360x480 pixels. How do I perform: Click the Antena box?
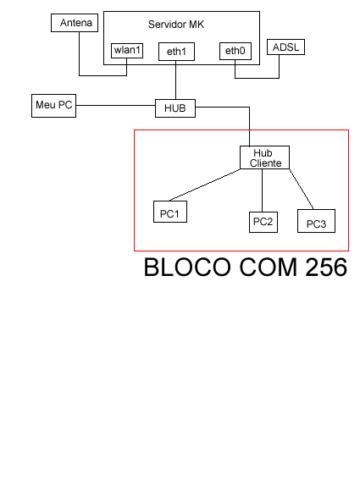pos(75,23)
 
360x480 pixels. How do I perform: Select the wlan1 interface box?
pos(127,51)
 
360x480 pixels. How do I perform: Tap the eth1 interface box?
pos(176,52)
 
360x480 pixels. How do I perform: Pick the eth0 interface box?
pos(235,51)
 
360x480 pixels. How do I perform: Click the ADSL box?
pos(285,47)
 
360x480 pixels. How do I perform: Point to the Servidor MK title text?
pos(176,25)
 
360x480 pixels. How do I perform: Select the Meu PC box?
pos(53,106)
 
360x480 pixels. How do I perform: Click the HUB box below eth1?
pos(175,108)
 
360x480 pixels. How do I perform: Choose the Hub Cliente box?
pos(265,157)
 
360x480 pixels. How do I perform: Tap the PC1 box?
pos(170,212)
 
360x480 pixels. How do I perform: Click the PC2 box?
pos(263,222)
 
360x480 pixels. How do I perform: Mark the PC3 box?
pos(316,221)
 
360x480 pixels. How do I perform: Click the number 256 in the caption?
pos(326,268)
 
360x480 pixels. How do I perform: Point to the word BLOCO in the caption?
pos(187,268)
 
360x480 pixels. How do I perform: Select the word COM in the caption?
pos(268,268)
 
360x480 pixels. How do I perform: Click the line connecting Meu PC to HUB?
pos(115,105)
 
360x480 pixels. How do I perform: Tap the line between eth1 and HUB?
pos(176,80)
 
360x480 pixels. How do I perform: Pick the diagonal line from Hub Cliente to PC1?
pos(205,185)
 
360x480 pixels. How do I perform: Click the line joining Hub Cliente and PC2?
pos(263,190)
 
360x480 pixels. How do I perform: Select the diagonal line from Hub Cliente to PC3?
pos(302,189)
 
